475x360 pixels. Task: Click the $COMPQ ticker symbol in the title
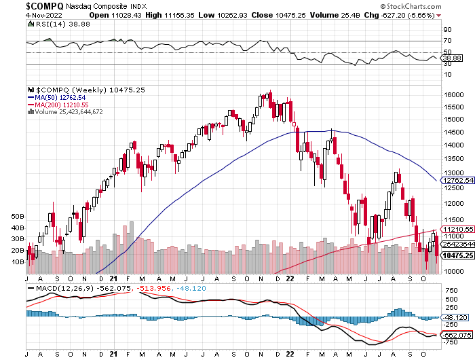(x=45, y=5)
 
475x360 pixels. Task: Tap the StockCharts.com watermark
(x=411, y=6)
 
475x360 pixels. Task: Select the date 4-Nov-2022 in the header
(x=44, y=15)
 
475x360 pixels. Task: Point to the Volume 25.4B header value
(x=335, y=15)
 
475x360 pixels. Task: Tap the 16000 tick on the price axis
(x=453, y=94)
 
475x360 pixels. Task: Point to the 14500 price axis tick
(x=453, y=132)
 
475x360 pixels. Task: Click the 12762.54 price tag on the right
(x=458, y=181)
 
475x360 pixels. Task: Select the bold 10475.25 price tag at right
(x=458, y=255)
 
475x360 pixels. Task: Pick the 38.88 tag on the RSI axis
(x=453, y=58)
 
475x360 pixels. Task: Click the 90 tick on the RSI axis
(x=447, y=30)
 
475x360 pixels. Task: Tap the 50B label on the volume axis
(x=18, y=217)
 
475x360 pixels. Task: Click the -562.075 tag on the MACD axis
(x=457, y=335)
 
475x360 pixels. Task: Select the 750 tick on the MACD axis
(x=452, y=291)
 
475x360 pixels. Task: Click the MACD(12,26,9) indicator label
(x=65, y=289)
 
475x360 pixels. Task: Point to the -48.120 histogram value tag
(x=455, y=317)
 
